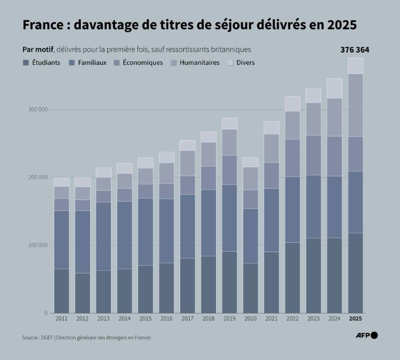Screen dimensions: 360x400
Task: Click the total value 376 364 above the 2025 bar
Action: [x=355, y=50]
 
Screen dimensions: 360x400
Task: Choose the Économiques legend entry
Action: [x=138, y=63]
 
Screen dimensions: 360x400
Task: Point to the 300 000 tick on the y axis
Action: [x=37, y=109]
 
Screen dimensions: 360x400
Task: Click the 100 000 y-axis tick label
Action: [x=37, y=245]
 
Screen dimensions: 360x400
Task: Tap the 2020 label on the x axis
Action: [x=250, y=318]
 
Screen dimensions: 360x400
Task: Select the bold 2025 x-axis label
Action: [x=355, y=318]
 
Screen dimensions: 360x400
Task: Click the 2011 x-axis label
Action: [x=61, y=318]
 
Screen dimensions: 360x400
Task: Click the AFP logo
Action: [x=367, y=336]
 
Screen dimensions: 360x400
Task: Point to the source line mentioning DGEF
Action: [x=86, y=338]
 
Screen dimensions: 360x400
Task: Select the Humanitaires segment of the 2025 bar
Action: [x=355, y=105]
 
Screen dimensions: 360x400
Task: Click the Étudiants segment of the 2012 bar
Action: [x=82, y=293]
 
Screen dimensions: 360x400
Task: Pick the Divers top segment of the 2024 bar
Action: [x=334, y=88]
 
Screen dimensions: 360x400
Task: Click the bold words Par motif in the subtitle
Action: [x=37, y=49]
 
